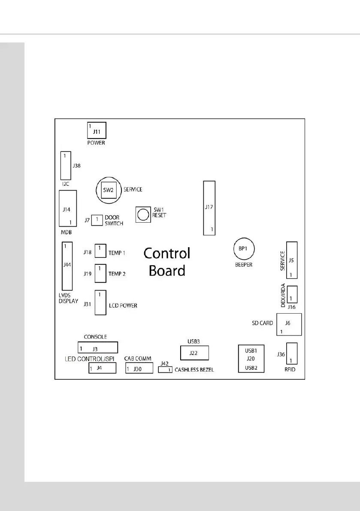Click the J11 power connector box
tap(97, 130)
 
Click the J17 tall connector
tap(209, 208)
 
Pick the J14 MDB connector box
tap(68, 209)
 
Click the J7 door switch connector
tap(98, 220)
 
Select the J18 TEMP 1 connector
tap(100, 253)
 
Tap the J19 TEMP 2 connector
tap(100, 273)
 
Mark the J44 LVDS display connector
tap(67, 266)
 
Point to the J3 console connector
tap(97, 347)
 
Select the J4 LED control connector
tap(102, 368)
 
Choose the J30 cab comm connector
tap(139, 368)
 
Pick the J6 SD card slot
tap(290, 324)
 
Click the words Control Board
tap(167, 262)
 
